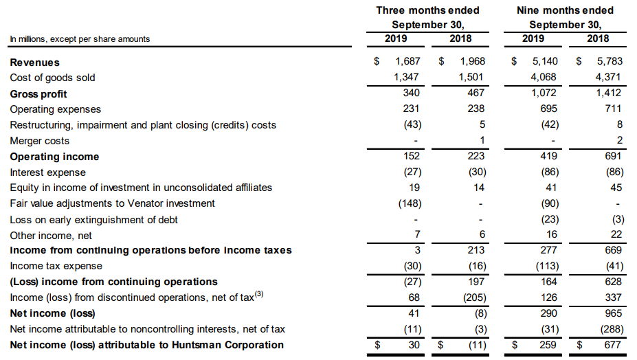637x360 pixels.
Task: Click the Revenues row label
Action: [34, 62]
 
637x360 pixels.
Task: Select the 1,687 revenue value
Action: [408, 62]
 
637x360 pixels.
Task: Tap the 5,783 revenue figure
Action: [609, 62]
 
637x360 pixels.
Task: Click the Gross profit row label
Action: [38, 94]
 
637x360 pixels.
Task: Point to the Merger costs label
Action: [40, 141]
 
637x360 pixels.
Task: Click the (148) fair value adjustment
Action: [410, 203]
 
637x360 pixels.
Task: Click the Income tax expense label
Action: [56, 266]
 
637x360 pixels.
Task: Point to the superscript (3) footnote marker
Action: [259, 295]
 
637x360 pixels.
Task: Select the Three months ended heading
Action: [427, 10]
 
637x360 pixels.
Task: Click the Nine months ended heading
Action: [565, 10]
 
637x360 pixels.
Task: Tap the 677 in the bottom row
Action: [613, 345]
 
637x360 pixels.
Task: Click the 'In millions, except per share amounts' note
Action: [80, 39]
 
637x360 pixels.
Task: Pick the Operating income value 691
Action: [613, 156]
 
